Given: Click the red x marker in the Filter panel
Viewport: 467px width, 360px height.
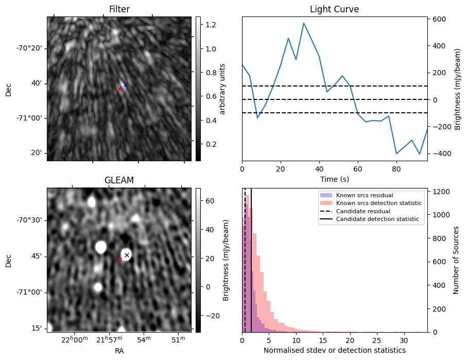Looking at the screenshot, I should [119, 89].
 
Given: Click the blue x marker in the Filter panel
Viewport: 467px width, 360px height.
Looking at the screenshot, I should [126, 84].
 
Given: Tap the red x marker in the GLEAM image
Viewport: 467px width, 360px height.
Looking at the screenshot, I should [119, 260].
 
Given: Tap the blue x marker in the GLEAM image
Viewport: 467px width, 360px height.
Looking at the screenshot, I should [127, 255].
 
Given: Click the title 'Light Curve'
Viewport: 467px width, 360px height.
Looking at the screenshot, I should [334, 9].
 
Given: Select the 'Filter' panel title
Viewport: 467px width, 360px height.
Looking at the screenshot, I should [119, 9].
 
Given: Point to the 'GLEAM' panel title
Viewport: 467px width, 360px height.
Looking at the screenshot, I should [119, 180].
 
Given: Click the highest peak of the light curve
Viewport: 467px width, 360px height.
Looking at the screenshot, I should [304, 23].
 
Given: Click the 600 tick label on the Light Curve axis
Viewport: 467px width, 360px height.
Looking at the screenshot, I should [439, 19].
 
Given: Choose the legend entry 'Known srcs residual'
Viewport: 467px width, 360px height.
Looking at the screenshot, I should [364, 195].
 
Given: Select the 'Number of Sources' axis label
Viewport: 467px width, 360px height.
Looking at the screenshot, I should [456, 260].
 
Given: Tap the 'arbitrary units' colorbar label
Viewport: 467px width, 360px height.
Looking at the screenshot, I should [222, 89].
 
